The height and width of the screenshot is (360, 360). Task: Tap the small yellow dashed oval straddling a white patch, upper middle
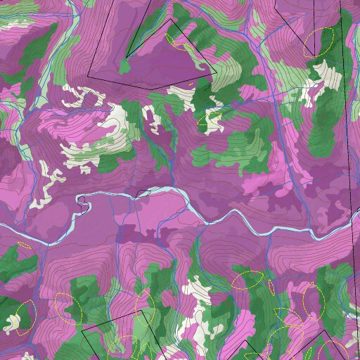[210, 121]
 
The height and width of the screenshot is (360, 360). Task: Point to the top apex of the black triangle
[169, 19]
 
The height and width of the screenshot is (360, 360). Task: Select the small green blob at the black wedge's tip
[125, 67]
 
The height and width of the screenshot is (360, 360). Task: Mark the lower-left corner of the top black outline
[89, 76]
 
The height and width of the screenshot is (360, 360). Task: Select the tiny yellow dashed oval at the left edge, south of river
[24, 246]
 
